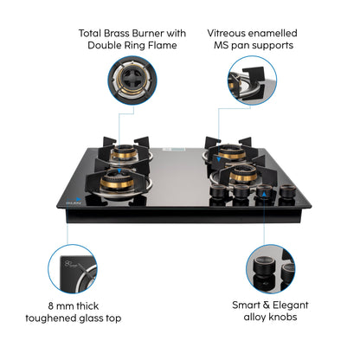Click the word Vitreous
click(228, 32)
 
